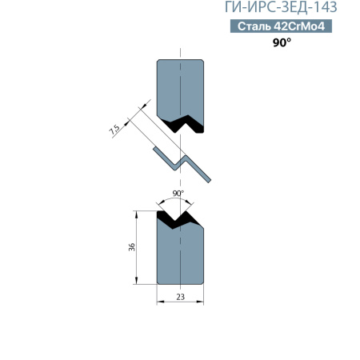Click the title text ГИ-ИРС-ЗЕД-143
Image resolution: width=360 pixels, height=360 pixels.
[281, 7]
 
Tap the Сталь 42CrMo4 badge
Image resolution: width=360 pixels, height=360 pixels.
[281, 26]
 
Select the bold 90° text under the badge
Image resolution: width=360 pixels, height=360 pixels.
[282, 42]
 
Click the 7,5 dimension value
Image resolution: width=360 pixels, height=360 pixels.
[114, 130]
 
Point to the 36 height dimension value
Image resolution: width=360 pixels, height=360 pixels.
[132, 247]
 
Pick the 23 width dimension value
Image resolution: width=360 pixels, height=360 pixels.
[180, 297]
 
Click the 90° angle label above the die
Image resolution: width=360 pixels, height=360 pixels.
[178, 194]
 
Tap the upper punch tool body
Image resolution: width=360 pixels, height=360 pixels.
[180, 90]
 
